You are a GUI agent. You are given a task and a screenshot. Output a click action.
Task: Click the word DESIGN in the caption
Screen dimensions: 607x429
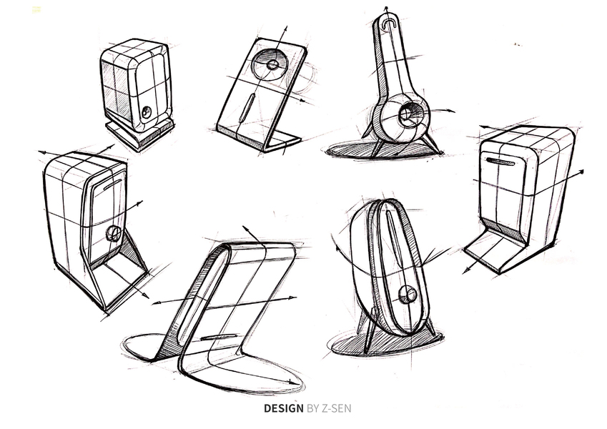tap(284, 408)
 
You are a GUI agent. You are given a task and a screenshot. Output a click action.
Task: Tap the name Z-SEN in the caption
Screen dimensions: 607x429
tap(335, 408)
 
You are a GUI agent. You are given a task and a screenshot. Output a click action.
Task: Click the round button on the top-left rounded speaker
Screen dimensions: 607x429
tap(147, 112)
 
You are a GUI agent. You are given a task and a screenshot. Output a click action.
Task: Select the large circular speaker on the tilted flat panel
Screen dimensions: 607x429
tap(270, 65)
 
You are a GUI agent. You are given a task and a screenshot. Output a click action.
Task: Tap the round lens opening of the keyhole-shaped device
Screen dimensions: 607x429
tap(406, 114)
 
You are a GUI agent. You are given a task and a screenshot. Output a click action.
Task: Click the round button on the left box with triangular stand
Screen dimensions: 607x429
tap(113, 234)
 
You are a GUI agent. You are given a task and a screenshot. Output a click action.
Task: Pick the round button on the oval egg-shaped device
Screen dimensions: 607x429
tap(408, 295)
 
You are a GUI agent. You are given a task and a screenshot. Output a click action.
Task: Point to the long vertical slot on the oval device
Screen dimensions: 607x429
tap(395, 237)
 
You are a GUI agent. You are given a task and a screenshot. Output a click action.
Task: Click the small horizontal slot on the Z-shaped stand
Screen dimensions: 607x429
tap(219, 337)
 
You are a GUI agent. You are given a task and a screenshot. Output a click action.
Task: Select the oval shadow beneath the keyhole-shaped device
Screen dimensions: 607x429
tap(383, 150)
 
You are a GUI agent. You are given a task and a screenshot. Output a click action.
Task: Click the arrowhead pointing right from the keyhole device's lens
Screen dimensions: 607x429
tap(451, 111)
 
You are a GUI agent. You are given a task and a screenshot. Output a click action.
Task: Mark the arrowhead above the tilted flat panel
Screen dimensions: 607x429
tap(286, 29)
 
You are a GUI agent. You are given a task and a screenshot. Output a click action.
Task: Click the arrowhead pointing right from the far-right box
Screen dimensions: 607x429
tap(581, 172)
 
